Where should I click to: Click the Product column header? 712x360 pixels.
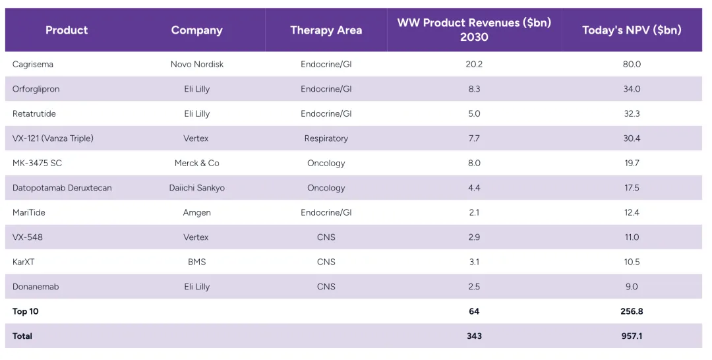click(67, 30)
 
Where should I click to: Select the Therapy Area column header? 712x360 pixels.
click(326, 30)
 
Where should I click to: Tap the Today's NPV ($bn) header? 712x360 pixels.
click(632, 30)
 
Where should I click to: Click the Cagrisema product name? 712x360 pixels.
click(33, 65)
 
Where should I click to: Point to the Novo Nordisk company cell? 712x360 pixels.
click(196, 65)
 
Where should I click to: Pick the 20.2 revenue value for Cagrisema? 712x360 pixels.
click(474, 65)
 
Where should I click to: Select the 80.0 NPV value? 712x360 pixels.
click(632, 65)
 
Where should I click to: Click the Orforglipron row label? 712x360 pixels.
click(36, 89)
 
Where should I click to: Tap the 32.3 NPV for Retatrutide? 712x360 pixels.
click(632, 114)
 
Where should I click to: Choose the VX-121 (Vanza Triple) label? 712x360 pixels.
click(53, 138)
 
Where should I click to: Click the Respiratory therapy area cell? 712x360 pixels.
click(326, 138)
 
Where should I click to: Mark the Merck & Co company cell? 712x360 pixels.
click(196, 164)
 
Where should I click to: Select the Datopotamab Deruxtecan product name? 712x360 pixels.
click(62, 188)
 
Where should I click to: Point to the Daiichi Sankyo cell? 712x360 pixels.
click(196, 188)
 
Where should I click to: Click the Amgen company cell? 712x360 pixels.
click(196, 213)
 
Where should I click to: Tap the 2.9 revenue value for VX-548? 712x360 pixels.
click(474, 237)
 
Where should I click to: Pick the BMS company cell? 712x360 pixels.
click(196, 262)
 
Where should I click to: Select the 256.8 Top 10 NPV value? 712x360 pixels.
click(632, 312)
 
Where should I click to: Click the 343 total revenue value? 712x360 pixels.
click(474, 336)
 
